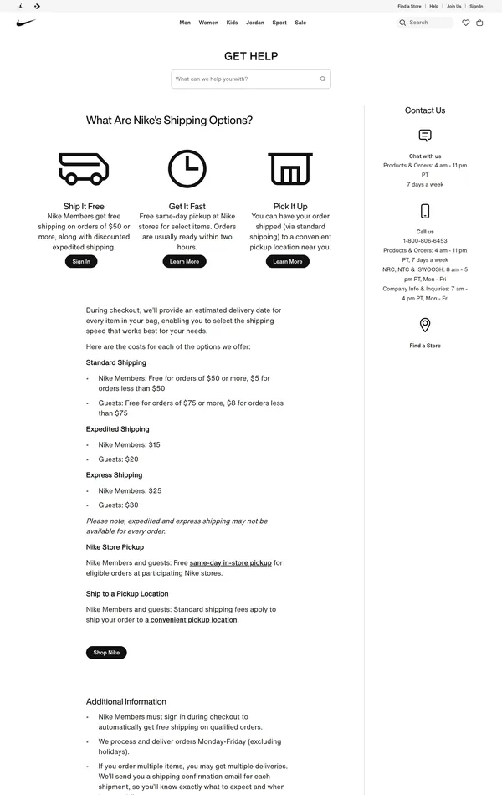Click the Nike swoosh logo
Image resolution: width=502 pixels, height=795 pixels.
tap(26, 23)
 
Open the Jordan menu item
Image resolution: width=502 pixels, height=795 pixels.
tap(255, 23)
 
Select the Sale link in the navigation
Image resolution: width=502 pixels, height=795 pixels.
tap(300, 23)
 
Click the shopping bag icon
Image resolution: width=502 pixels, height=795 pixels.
tap(479, 23)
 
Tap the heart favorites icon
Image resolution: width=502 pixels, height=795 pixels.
tap(466, 23)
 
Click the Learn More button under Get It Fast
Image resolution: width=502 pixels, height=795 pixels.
tap(184, 261)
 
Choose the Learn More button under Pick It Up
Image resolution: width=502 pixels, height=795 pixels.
tap(288, 261)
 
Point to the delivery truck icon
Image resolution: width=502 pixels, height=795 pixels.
tap(84, 168)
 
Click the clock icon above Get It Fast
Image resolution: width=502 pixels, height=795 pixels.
tap(187, 168)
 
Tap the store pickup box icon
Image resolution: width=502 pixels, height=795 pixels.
tap(290, 168)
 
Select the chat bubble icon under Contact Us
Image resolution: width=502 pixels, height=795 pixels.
tap(425, 136)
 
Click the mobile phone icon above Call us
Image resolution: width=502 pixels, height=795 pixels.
tap(425, 211)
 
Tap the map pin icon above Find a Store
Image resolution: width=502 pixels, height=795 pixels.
tap(425, 325)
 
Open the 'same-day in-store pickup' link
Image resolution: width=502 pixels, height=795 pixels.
tap(231, 563)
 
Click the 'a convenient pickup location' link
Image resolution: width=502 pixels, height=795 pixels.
tap(191, 620)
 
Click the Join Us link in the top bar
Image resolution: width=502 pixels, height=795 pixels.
tap(454, 6)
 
